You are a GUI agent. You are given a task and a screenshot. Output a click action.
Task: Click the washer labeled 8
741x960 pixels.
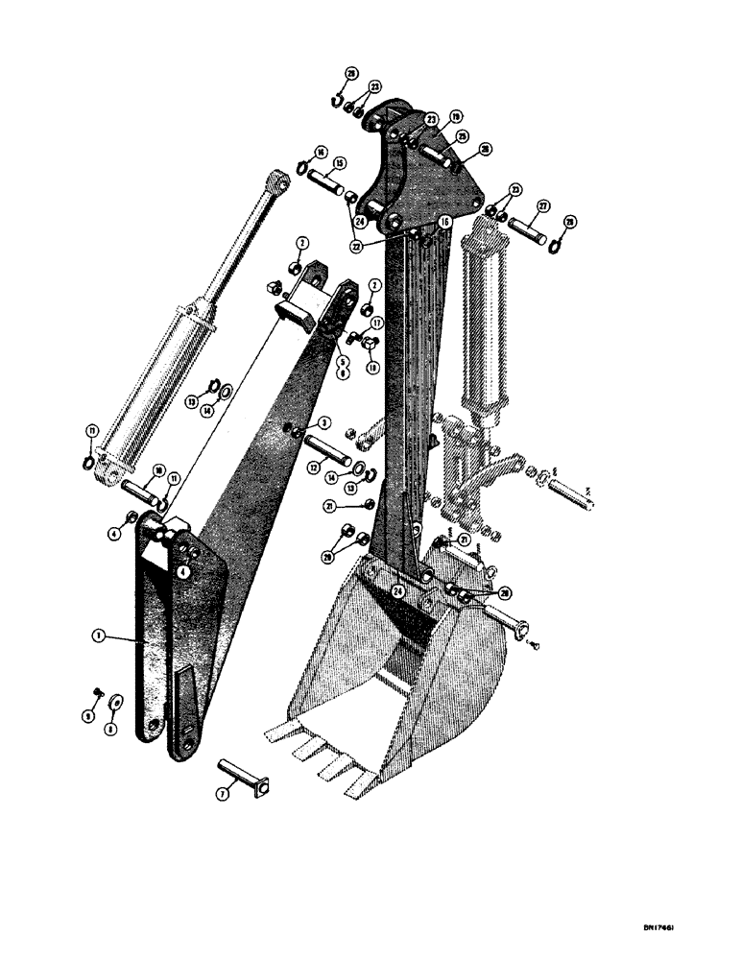117,698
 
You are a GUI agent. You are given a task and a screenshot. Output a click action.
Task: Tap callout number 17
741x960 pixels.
377,324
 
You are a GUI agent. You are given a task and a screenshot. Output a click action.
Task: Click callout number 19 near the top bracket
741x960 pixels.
455,117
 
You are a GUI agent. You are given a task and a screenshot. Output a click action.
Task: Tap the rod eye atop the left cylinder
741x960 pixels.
278,179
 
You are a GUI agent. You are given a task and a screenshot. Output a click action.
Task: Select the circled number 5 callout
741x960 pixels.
340,362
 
